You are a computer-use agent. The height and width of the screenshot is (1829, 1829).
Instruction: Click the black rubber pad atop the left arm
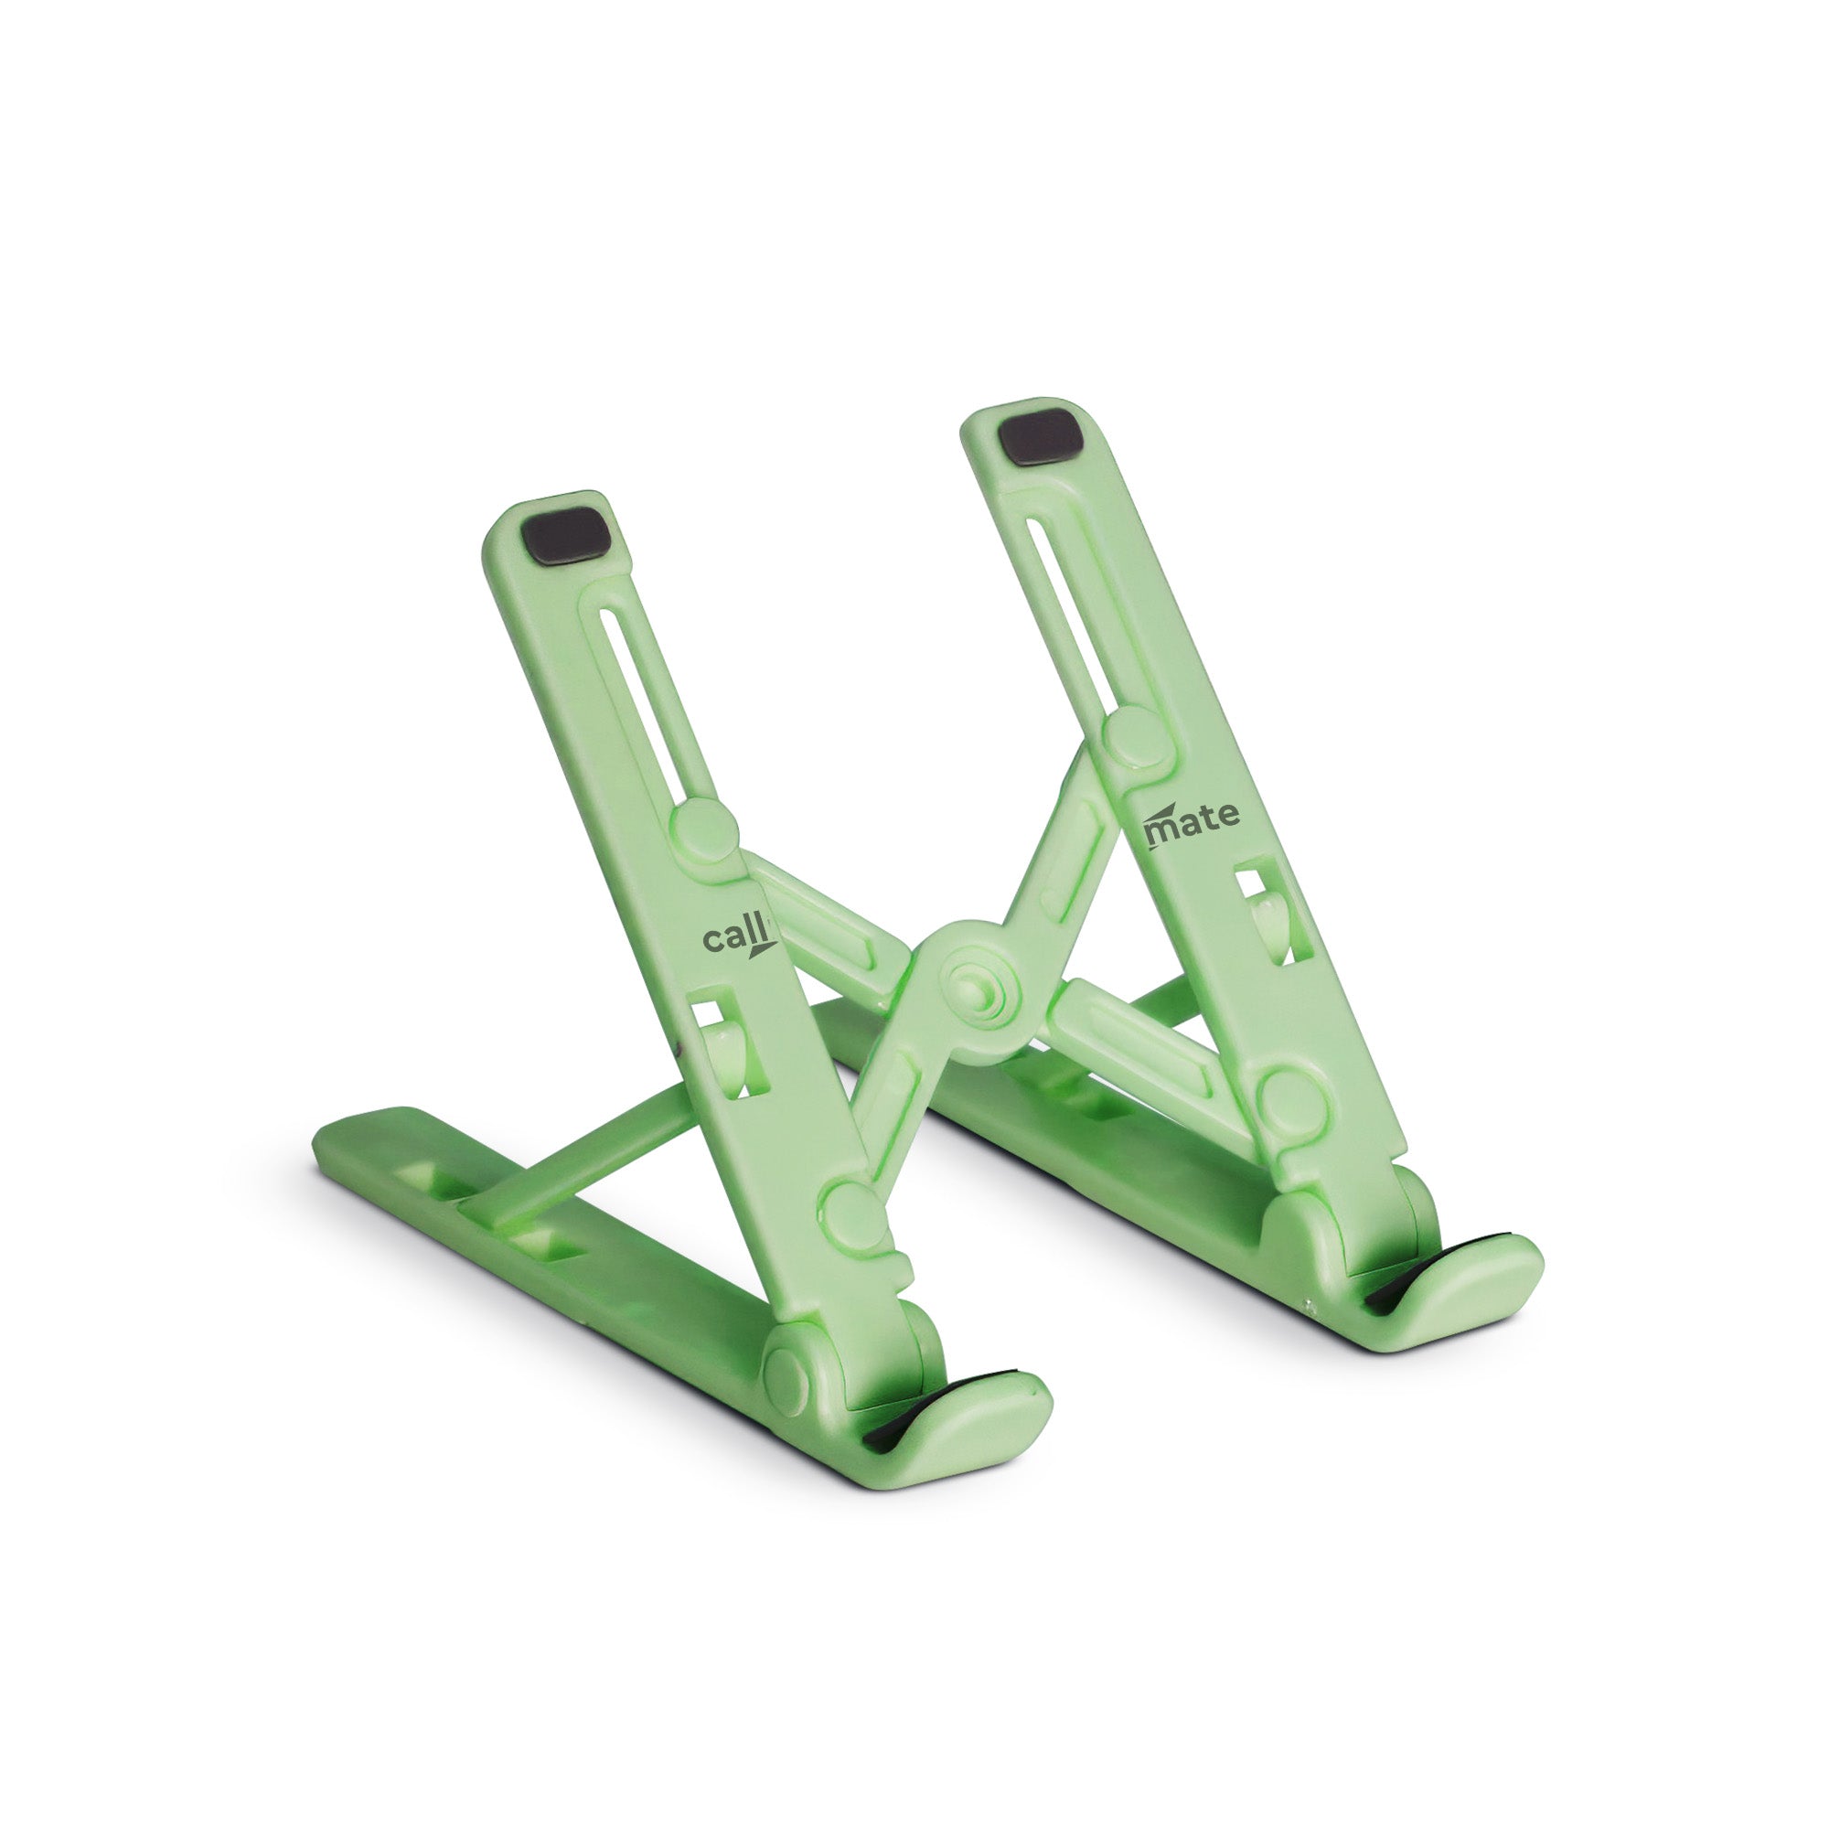[565, 538]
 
